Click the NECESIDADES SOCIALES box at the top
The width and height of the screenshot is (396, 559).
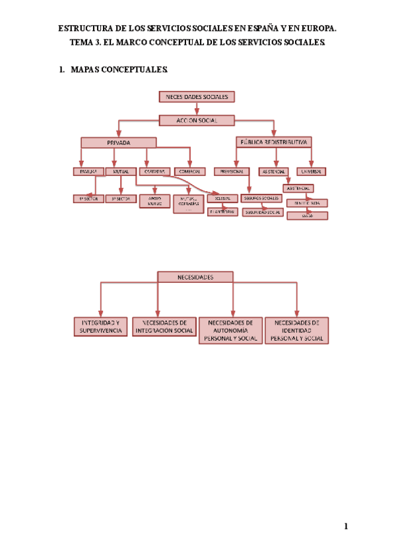(x=197, y=97)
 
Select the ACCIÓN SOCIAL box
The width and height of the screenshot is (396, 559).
(x=197, y=120)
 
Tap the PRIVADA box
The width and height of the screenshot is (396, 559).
(x=118, y=142)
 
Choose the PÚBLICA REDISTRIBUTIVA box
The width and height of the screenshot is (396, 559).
(x=274, y=142)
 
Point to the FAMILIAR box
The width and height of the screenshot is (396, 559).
(x=88, y=171)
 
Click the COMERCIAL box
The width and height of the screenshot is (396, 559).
(x=190, y=171)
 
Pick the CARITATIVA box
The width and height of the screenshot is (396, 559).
(x=156, y=171)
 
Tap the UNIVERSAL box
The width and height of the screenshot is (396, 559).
(x=311, y=171)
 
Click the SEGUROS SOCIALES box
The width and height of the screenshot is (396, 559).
(x=261, y=198)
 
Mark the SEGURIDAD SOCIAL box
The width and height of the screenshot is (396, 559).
(x=263, y=212)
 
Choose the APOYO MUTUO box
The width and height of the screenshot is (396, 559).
(x=154, y=201)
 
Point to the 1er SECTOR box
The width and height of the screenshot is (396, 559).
(x=88, y=198)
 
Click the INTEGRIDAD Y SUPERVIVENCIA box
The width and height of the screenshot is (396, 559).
(x=101, y=327)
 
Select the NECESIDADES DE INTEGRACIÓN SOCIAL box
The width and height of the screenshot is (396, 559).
(x=164, y=327)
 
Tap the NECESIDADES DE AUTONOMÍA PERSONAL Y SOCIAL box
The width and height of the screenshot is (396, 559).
(x=231, y=330)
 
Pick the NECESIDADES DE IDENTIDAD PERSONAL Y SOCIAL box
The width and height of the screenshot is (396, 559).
(x=296, y=330)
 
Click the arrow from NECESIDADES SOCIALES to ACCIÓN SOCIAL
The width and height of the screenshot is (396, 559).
(x=197, y=109)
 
